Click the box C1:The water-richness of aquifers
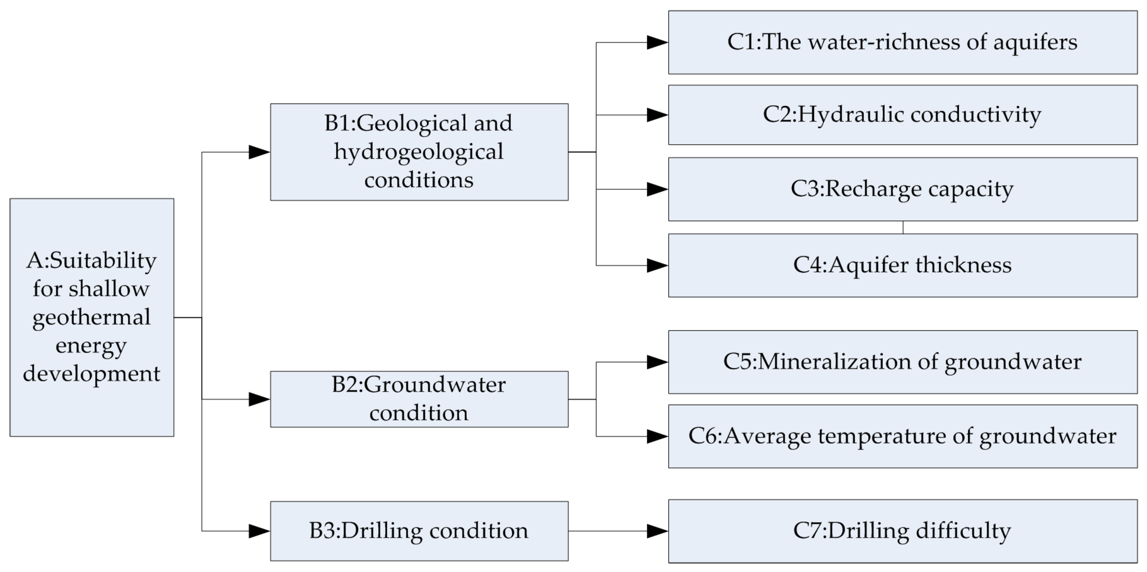(x=902, y=42)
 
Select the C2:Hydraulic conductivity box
(x=902, y=115)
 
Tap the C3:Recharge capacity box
(x=902, y=189)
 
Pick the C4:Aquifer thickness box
(x=902, y=265)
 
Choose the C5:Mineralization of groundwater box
(x=902, y=362)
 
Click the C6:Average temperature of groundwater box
(x=902, y=436)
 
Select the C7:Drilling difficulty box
(x=902, y=531)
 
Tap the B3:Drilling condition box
(x=419, y=531)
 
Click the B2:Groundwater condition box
(x=419, y=399)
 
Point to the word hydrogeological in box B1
(x=418, y=152)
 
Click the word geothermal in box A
(x=91, y=318)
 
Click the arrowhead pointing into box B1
(x=259, y=152)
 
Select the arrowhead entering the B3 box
(x=259, y=531)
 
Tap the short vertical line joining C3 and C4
(x=903, y=228)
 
